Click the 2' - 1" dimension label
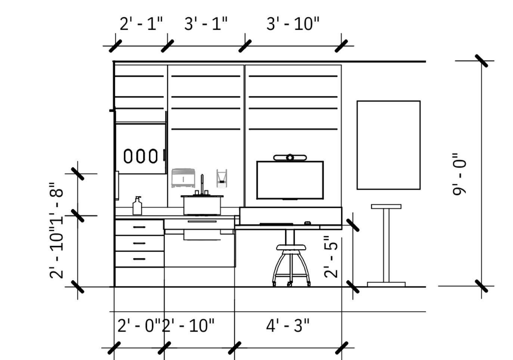[141, 24]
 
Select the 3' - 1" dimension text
[206, 24]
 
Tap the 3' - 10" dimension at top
[293, 24]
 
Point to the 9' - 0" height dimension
[460, 174]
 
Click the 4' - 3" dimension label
[288, 326]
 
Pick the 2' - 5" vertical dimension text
[331, 257]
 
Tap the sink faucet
[202, 184]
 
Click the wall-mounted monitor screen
[290, 180]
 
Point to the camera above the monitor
[290, 158]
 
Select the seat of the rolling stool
[291, 247]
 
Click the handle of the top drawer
[139, 227]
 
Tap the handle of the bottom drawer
[139, 259]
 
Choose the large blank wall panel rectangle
[389, 145]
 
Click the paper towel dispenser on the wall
[183, 178]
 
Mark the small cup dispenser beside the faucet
[222, 178]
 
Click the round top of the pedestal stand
[386, 207]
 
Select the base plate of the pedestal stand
[386, 284]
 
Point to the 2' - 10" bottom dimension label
[188, 326]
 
